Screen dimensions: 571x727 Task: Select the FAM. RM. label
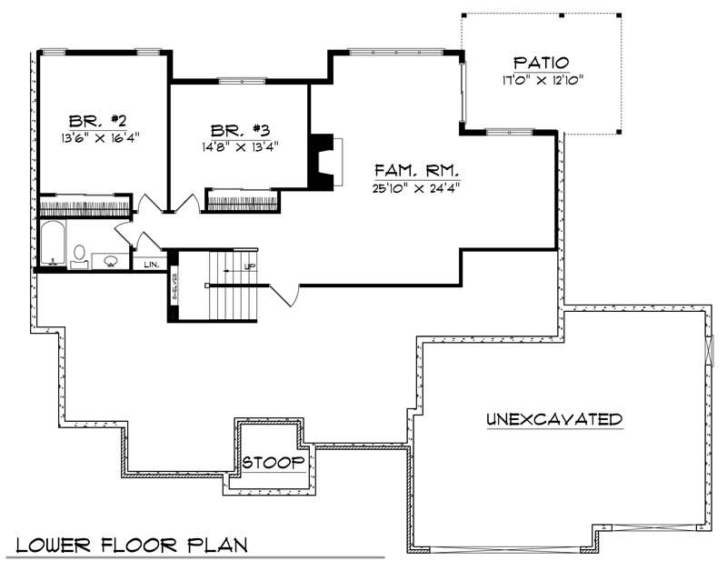(x=419, y=170)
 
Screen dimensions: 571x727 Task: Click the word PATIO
(x=542, y=63)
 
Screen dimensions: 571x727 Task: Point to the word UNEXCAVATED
(x=553, y=419)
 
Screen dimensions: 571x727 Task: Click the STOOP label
(x=273, y=463)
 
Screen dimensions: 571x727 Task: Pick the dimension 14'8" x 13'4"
(x=240, y=145)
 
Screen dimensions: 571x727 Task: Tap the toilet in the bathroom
(x=79, y=254)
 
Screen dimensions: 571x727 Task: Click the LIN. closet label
(x=151, y=265)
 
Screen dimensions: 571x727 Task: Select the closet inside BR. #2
(x=85, y=204)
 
